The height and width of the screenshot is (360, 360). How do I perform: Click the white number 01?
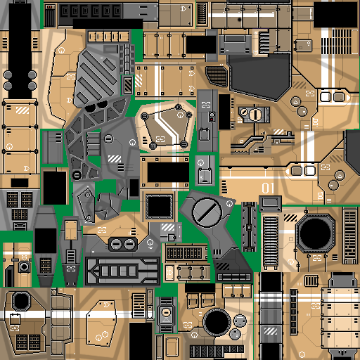[x=268, y=188]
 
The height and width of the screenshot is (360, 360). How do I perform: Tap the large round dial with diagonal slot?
[x=207, y=213]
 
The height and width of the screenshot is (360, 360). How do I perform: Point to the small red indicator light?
[x=212, y=120]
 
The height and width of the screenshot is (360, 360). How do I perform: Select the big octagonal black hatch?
[x=315, y=233]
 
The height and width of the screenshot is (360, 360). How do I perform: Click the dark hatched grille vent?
[x=217, y=75]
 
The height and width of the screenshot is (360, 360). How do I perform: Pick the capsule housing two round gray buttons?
[x=123, y=245]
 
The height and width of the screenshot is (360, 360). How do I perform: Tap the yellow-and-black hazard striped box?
[x=128, y=85]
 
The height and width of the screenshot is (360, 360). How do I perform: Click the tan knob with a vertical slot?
[x=255, y=115]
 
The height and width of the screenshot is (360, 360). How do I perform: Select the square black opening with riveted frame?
[x=159, y=207]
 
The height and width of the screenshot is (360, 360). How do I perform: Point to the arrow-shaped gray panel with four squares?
[x=122, y=271]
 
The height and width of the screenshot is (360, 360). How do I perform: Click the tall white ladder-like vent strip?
[x=271, y=243]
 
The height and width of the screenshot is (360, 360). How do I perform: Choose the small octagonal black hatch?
[x=21, y=301]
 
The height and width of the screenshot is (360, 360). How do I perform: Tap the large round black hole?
[x=217, y=322]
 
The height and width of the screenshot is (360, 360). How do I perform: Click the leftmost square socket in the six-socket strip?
[x=65, y=11]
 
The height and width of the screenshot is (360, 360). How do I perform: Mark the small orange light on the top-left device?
[x=50, y=7]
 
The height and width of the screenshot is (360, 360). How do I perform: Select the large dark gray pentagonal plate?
[x=259, y=76]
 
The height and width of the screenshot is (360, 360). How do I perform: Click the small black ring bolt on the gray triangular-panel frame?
[x=77, y=175]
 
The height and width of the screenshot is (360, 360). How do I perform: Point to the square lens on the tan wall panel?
[x=24, y=266]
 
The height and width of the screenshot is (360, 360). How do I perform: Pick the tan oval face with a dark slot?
[x=166, y=312]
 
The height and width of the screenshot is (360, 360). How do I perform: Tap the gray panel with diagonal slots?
[x=97, y=75]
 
